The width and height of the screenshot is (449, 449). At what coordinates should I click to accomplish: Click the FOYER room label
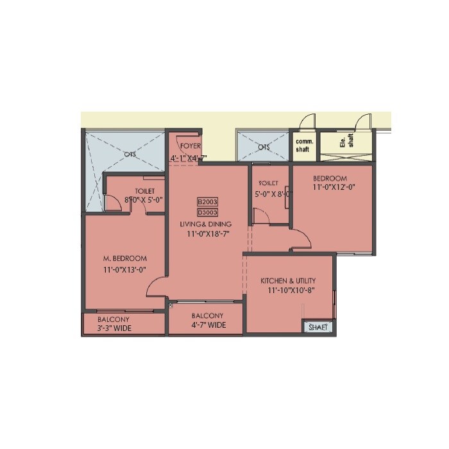(191, 146)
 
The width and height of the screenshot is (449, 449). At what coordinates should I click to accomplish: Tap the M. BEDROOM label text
(124, 258)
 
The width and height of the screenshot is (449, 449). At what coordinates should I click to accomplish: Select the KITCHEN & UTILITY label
(288, 281)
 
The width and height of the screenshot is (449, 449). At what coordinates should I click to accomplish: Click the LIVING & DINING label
(206, 224)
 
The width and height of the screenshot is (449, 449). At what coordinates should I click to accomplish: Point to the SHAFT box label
(318, 327)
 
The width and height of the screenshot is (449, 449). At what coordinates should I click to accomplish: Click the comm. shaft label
(302, 145)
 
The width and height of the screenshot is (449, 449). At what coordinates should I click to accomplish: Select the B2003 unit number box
(207, 201)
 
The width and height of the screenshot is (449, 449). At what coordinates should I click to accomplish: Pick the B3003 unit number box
(207, 212)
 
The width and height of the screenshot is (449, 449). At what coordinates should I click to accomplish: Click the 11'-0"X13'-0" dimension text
(126, 270)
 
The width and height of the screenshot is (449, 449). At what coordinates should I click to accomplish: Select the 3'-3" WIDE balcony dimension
(115, 328)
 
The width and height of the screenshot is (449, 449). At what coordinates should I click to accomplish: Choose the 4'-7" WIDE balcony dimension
(208, 325)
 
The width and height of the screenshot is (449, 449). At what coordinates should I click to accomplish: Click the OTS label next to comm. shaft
(264, 147)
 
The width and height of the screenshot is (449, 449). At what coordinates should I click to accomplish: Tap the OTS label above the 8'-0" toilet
(130, 153)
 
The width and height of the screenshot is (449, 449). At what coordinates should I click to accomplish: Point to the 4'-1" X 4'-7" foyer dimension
(189, 158)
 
